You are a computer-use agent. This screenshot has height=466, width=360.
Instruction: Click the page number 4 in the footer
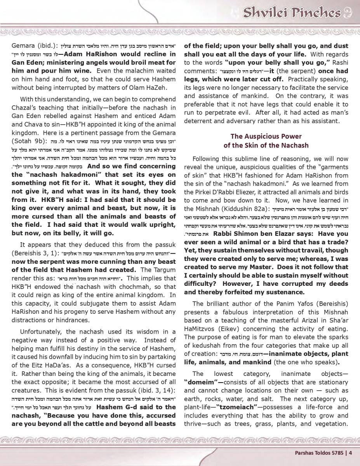(x=350, y=452)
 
